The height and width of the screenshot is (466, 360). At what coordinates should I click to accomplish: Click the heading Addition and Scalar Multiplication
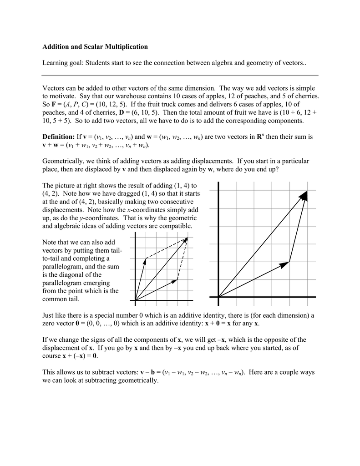tap(95, 46)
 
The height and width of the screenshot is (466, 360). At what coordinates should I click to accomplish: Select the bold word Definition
tap(58, 137)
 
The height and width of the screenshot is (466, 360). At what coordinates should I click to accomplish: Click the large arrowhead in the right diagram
tap(304, 195)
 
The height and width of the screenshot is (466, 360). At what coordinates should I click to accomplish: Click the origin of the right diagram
tap(218, 297)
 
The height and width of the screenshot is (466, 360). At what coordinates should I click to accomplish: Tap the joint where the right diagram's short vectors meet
tap(289, 262)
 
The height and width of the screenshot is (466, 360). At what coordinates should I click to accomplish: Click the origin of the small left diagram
tap(135, 300)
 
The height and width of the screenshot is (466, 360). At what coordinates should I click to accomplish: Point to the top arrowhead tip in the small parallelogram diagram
tap(187, 238)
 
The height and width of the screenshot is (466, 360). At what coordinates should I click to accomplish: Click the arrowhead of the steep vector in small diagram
tap(145, 260)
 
